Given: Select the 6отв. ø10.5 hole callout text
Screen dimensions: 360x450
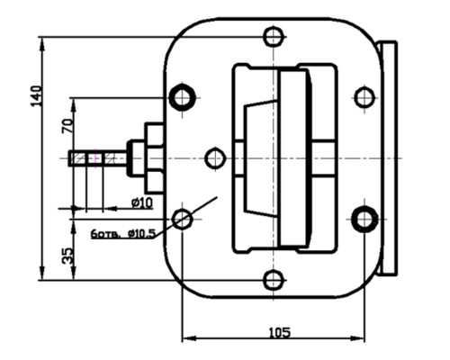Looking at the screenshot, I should pyautogui.click(x=124, y=233).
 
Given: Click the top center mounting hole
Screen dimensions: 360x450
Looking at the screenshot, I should pyautogui.click(x=274, y=36).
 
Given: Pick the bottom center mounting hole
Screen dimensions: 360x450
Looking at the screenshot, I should pyautogui.click(x=274, y=280).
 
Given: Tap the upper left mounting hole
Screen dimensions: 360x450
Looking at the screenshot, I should pyautogui.click(x=183, y=96).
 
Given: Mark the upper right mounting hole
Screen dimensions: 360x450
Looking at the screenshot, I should pyautogui.click(x=364, y=96).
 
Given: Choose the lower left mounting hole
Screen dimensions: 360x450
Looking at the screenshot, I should pyautogui.click(x=183, y=219).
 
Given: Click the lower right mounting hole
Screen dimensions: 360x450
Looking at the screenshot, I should pyautogui.click(x=364, y=219).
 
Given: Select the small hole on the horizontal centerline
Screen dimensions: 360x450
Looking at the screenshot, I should pyautogui.click(x=214, y=158).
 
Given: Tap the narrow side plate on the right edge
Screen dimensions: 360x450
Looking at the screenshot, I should pyautogui.click(x=389, y=158).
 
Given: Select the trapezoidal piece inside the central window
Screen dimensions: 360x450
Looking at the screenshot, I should pyautogui.click(x=261, y=158).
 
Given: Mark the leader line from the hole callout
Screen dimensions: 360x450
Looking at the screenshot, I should pyautogui.click(x=202, y=207).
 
